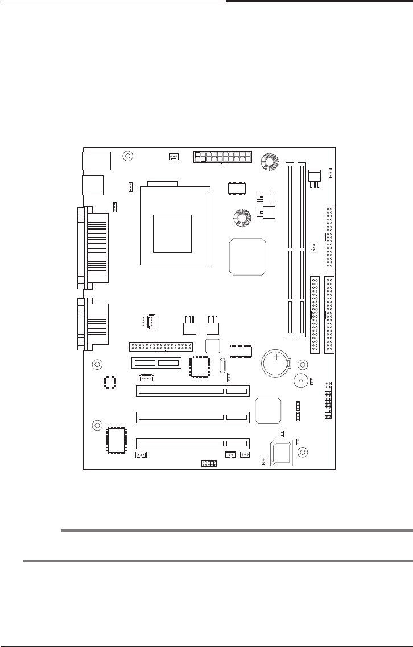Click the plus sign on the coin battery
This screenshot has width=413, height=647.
(x=277, y=357)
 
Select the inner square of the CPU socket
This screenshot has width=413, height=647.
(x=172, y=233)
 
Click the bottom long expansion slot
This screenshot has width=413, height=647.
(x=192, y=443)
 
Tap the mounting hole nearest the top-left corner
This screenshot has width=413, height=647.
(x=128, y=156)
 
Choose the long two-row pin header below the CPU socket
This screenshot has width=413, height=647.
(x=161, y=346)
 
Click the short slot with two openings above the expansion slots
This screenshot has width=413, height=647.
(x=156, y=363)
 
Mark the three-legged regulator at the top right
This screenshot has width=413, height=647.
(x=315, y=176)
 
